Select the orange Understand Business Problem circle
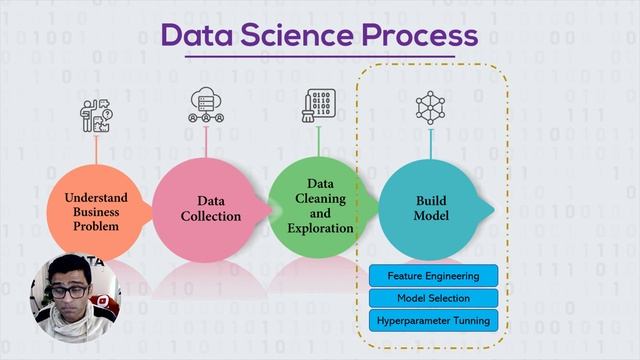[x=97, y=211]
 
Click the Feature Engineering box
[x=433, y=275]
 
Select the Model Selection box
[x=433, y=298]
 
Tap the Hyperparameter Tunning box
[x=433, y=321]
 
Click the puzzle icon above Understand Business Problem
[x=96, y=116]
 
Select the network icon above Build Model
[x=432, y=107]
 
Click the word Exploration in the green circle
[x=320, y=228]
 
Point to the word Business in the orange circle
[x=96, y=212]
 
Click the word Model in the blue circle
[x=432, y=216]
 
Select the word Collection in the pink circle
[x=211, y=216]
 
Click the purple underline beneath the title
[x=320, y=57]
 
